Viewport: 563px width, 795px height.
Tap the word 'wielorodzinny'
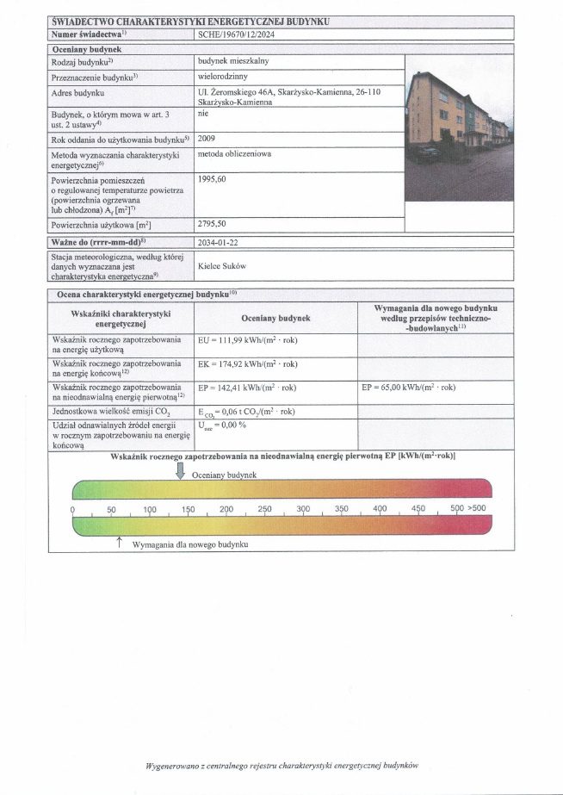click(x=224, y=78)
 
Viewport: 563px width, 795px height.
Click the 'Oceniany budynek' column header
click(x=269, y=318)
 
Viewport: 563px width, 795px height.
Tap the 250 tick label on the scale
click(x=264, y=510)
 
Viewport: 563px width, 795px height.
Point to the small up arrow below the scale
click(x=119, y=540)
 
